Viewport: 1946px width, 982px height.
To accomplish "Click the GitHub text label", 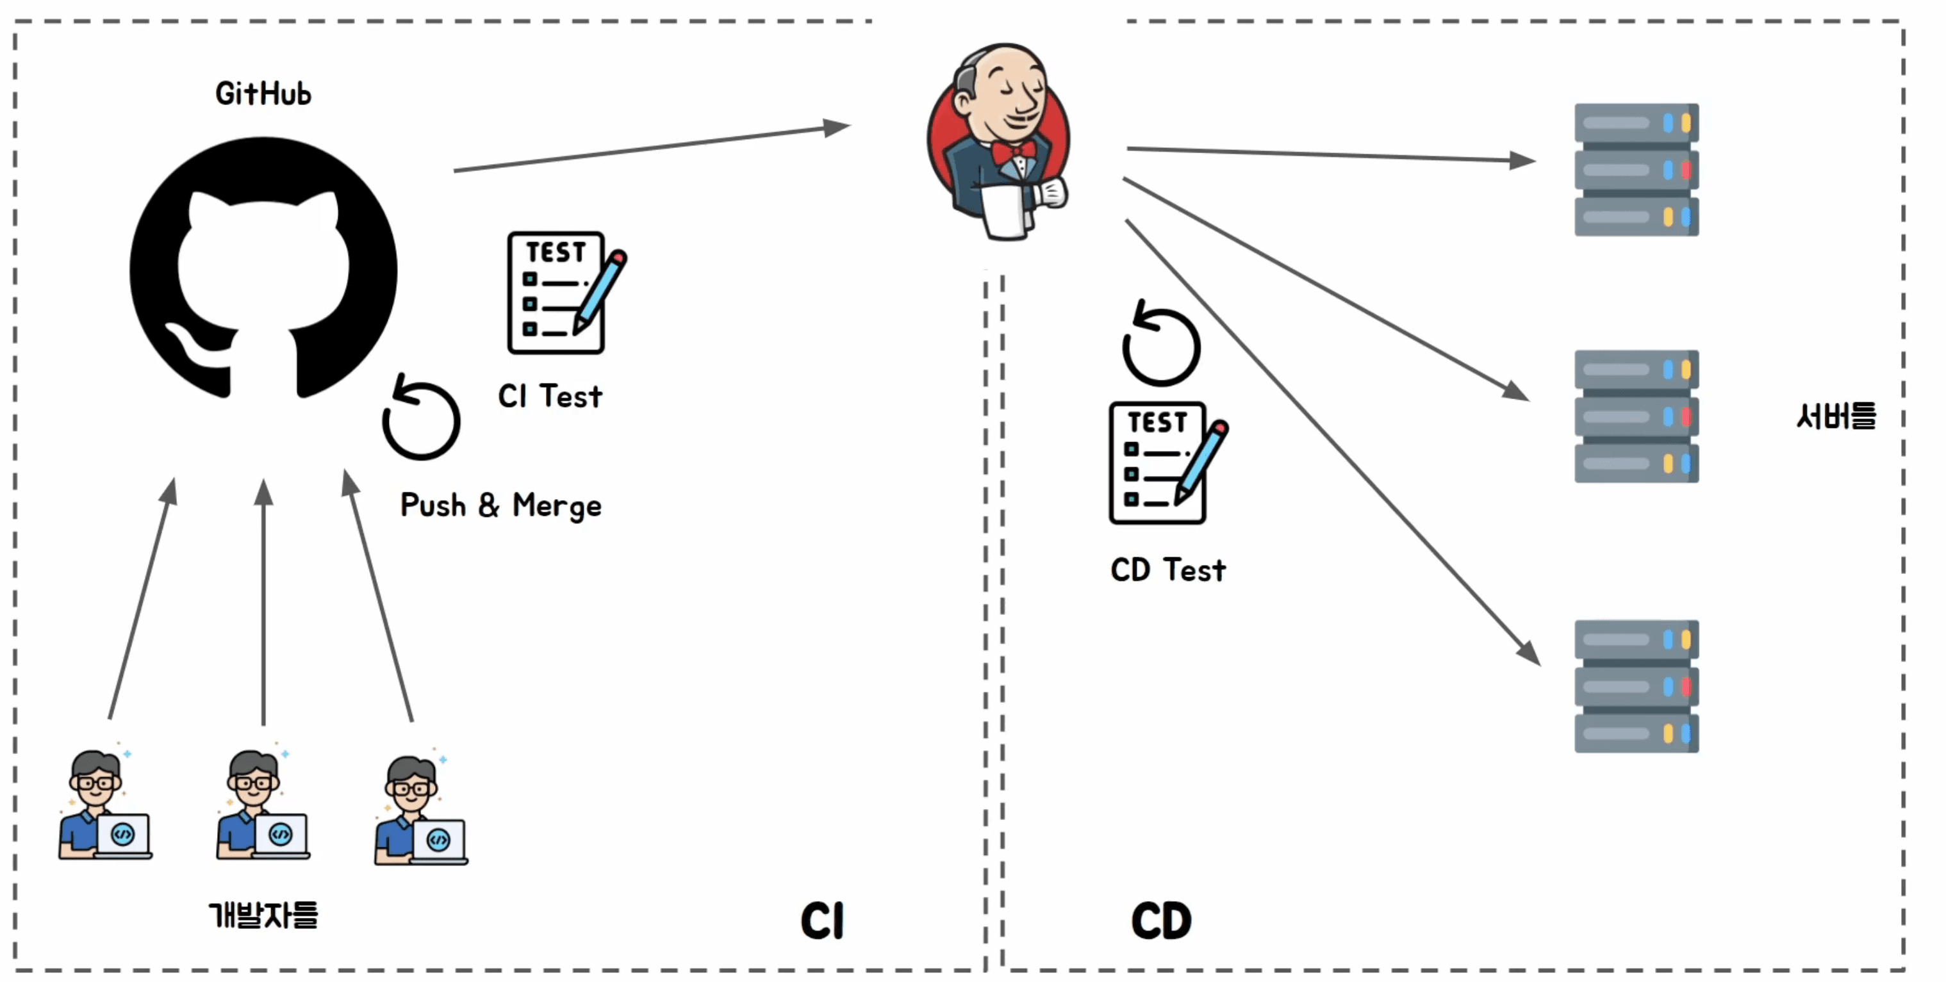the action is pyautogui.click(x=263, y=94).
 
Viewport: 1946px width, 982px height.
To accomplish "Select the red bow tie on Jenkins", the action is pyautogui.click(x=1014, y=152).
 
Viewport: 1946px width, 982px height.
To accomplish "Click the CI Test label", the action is pyautogui.click(x=550, y=396).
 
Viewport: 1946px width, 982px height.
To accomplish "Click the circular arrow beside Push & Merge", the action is pyautogui.click(x=421, y=417).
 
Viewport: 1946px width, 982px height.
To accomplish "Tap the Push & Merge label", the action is pyautogui.click(x=501, y=505).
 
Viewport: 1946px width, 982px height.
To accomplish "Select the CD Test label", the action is pyautogui.click(x=1168, y=569).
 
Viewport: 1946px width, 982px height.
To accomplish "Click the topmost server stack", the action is pyautogui.click(x=1637, y=170).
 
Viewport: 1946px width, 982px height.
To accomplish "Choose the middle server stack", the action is pyautogui.click(x=1637, y=416).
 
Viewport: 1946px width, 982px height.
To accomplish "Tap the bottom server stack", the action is pyautogui.click(x=1637, y=686).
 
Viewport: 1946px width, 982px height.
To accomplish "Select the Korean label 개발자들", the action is pyautogui.click(x=263, y=914).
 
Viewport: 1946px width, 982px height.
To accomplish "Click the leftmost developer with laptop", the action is pyautogui.click(x=105, y=805).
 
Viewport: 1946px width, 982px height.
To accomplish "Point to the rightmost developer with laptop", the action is pyautogui.click(x=421, y=810).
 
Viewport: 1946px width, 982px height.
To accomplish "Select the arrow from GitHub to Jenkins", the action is pyautogui.click(x=652, y=148).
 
